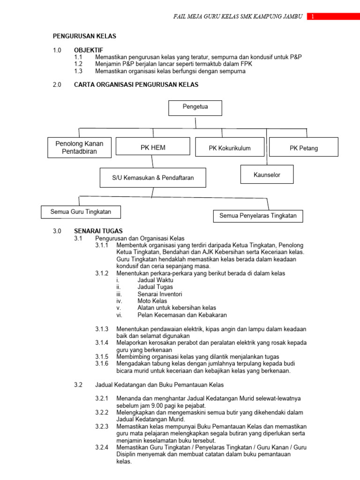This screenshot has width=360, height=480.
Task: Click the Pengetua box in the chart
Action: tap(195, 107)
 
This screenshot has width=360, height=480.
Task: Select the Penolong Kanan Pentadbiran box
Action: tap(80, 147)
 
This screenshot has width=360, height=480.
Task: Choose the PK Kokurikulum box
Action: tap(230, 148)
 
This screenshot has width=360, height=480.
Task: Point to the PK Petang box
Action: tap(304, 148)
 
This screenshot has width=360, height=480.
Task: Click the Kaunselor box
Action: tap(267, 174)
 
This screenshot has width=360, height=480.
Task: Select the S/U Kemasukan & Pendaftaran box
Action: tap(153, 178)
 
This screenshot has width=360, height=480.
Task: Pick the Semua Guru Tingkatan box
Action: tap(81, 212)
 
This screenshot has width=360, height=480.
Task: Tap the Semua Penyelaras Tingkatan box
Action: tap(258, 216)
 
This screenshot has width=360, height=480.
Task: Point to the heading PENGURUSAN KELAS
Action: tap(84, 36)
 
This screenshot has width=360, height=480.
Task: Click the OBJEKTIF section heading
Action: tap(89, 50)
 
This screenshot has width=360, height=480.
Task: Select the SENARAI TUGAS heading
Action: tap(98, 231)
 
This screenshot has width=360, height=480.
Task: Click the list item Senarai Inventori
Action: tap(160, 294)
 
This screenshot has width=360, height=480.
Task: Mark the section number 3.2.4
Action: tap(102, 447)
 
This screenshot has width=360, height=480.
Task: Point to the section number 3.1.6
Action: tap(102, 364)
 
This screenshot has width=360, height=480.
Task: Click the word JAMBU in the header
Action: tap(291, 17)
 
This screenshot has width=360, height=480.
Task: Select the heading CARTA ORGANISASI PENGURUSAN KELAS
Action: tap(136, 85)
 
